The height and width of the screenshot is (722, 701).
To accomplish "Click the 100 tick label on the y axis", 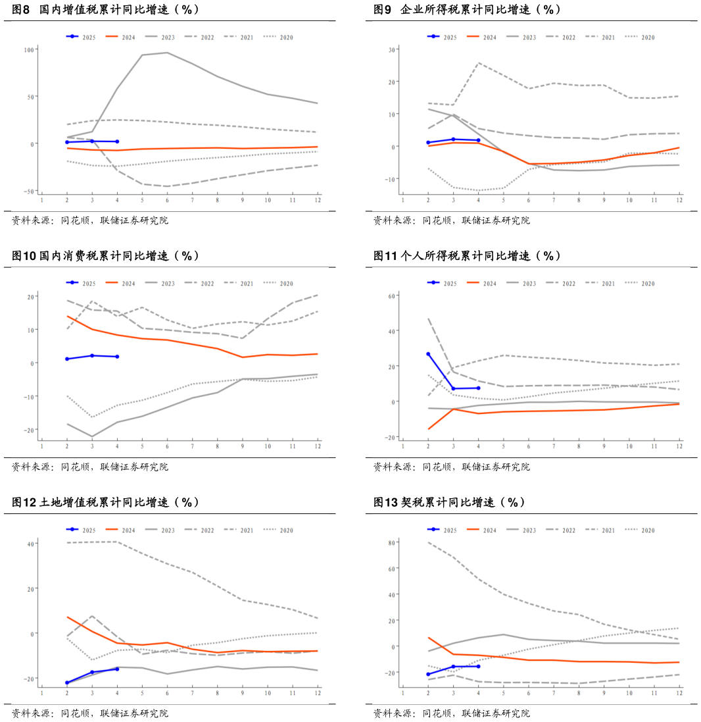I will click(28, 49).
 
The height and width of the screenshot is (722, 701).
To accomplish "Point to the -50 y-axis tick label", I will click(28, 191).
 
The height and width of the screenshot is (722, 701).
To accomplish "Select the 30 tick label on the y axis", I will click(391, 49).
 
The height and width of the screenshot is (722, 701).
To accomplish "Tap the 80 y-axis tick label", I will click(391, 542).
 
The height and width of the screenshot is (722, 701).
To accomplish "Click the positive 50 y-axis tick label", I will click(30, 97).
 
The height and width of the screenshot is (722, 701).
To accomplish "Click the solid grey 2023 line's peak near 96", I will click(167, 53).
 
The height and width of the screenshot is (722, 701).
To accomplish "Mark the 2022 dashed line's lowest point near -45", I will click(167, 186).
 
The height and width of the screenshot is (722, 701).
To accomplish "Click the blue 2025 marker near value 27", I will click(428, 354).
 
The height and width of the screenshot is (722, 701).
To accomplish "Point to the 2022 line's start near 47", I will click(428, 319).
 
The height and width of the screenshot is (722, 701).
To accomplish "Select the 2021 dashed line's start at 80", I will click(428, 542).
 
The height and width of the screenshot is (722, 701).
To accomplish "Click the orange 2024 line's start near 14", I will click(67, 316).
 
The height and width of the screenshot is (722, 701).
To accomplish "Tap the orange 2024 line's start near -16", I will click(428, 429).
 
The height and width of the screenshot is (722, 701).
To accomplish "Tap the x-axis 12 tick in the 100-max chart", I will click(318, 199).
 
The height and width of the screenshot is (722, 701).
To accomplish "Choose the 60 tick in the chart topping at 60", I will click(391, 296).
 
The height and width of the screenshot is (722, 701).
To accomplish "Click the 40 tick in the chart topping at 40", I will click(30, 543).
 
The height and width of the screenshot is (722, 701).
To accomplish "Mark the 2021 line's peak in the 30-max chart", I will click(478, 63).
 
